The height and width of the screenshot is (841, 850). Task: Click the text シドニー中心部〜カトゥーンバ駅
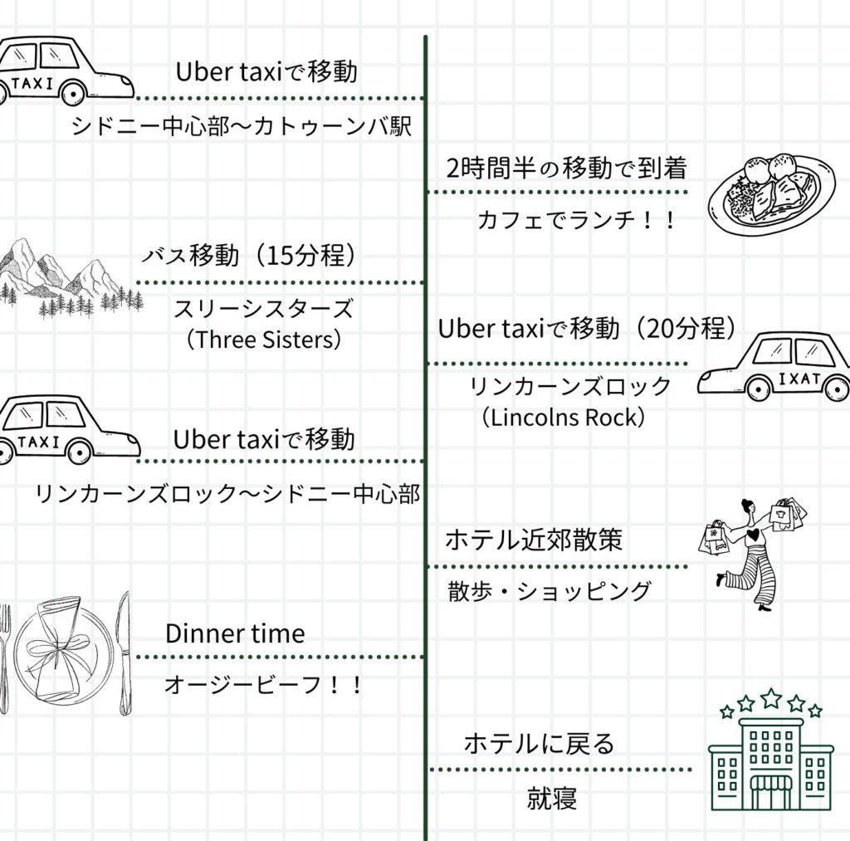point(241,127)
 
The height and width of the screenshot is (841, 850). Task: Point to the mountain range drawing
point(62,278)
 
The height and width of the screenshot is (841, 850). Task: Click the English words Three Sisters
point(264,340)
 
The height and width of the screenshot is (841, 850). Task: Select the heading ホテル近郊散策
point(533,540)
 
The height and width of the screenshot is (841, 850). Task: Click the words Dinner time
point(235,633)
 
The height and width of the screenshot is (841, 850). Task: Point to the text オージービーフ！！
point(263,685)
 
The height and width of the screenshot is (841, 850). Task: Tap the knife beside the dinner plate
point(124,653)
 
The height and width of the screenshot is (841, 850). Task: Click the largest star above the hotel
point(771,697)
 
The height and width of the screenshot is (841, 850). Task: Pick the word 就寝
point(551,799)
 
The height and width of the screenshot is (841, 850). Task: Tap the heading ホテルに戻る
point(539,742)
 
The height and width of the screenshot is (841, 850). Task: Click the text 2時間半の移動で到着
point(566,169)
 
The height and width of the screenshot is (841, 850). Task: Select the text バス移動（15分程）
point(248,257)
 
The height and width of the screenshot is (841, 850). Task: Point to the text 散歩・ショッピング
point(549,591)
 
